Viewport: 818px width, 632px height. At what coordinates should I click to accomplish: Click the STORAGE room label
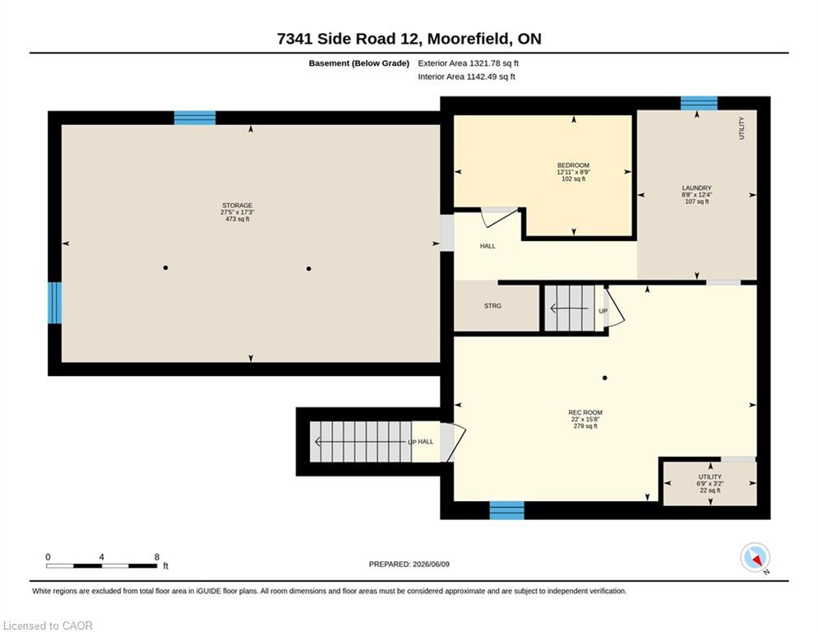pos(238,205)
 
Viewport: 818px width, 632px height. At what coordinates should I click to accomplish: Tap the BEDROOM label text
pos(573,165)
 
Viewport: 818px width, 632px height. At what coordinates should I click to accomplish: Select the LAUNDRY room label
pos(696,188)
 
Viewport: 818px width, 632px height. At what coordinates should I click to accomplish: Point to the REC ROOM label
pos(585,412)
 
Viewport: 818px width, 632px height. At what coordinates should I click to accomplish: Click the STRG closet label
pos(492,305)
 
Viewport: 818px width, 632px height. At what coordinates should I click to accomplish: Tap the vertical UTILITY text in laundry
pos(742,128)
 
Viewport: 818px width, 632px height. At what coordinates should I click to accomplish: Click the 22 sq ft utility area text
pos(710,490)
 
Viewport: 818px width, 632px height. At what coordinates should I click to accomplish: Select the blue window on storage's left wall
pos(55,303)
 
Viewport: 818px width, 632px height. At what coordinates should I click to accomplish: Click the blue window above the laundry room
pos(699,103)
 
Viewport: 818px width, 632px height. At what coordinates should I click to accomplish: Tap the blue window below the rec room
pos(506,510)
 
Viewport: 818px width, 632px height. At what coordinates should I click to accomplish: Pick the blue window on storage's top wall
pos(195,118)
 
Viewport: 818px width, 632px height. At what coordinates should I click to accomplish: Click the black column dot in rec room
pos(604,378)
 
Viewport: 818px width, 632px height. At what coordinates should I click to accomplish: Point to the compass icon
pos(755,558)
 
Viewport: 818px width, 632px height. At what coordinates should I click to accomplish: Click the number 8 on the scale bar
pos(156,557)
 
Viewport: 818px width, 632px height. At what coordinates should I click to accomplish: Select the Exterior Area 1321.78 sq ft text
pos(468,63)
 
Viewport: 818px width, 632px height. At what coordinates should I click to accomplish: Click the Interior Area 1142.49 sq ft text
pos(466,77)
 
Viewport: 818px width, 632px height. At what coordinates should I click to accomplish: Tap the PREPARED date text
pos(409,564)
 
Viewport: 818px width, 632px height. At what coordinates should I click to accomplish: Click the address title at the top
pos(409,39)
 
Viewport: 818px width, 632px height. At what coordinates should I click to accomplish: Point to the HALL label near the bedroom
pos(488,246)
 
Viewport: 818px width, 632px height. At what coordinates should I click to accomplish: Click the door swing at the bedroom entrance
pos(499,217)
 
